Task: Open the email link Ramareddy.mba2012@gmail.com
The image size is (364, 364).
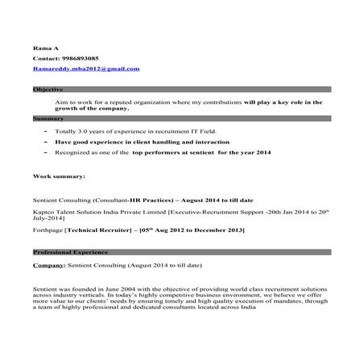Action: pyautogui.click(x=85, y=69)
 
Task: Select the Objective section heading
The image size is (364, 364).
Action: pyautogui.click(x=48, y=89)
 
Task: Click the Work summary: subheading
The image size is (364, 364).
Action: pyautogui.click(x=59, y=175)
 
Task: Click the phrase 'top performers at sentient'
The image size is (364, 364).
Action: pyautogui.click(x=178, y=152)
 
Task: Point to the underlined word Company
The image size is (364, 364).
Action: pyautogui.click(x=48, y=265)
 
